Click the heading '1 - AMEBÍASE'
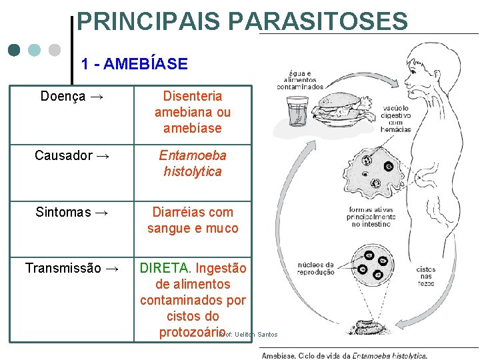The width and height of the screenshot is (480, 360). [134, 64]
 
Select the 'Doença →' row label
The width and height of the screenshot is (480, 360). [72, 96]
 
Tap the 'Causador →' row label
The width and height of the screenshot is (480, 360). [72, 155]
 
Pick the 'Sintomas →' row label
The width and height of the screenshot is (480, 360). [72, 212]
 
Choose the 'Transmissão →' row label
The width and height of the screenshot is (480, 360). [72, 268]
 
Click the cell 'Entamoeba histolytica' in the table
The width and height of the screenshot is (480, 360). [193, 163]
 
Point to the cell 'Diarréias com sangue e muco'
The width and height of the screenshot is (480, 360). [193, 220]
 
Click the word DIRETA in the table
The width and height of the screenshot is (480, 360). [164, 268]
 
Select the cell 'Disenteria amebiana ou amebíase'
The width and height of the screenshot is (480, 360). [193, 112]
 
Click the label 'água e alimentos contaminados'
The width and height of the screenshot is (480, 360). [301, 79]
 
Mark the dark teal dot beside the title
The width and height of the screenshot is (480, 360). [15, 51]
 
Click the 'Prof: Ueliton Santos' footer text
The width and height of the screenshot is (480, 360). [249, 334]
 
